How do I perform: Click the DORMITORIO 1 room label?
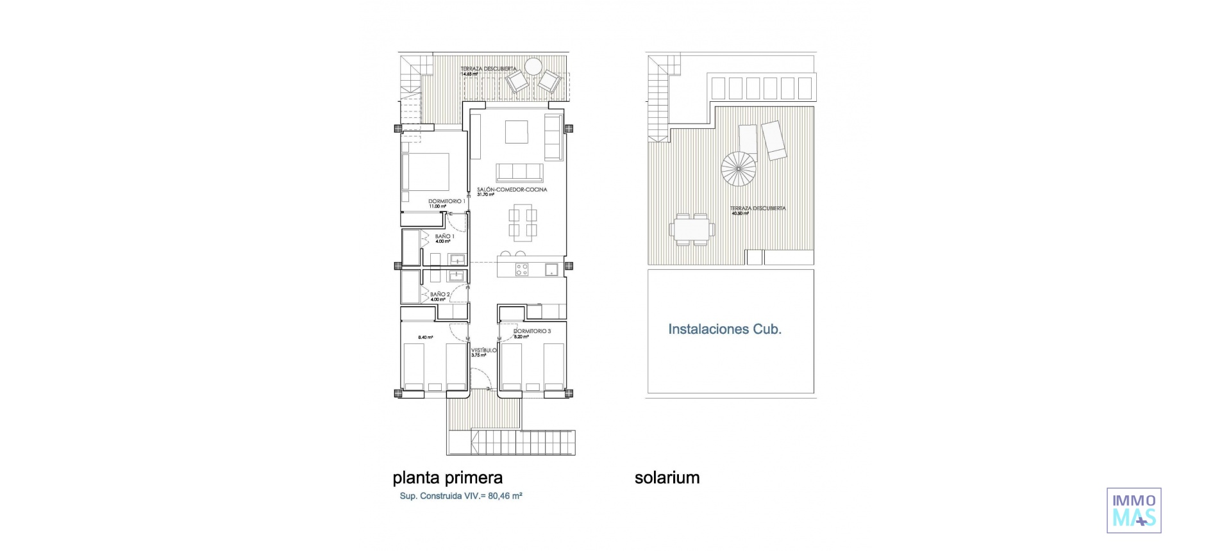pyautogui.click(x=446, y=201)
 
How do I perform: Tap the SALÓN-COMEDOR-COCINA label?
pyautogui.click(x=512, y=190)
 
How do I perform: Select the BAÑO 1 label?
pyautogui.click(x=444, y=236)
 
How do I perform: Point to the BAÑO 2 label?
pyautogui.click(x=440, y=295)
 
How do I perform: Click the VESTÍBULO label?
pyautogui.click(x=483, y=350)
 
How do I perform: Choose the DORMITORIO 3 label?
pyautogui.click(x=532, y=331)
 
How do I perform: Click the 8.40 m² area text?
pyautogui.click(x=426, y=338)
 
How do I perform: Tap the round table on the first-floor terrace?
pyautogui.click(x=533, y=66)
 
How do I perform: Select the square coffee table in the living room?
pyautogui.click(x=516, y=132)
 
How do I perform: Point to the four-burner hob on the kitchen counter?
pyautogui.click(x=522, y=270)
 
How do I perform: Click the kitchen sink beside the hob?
pyautogui.click(x=551, y=270)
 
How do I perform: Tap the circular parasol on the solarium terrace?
pyautogui.click(x=739, y=169)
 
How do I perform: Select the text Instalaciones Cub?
pyautogui.click(x=724, y=329)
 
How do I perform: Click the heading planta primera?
pyautogui.click(x=448, y=478)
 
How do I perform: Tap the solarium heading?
pyautogui.click(x=667, y=478)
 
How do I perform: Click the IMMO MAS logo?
pyautogui.click(x=1134, y=510)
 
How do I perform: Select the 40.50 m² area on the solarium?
pyautogui.click(x=740, y=213)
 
